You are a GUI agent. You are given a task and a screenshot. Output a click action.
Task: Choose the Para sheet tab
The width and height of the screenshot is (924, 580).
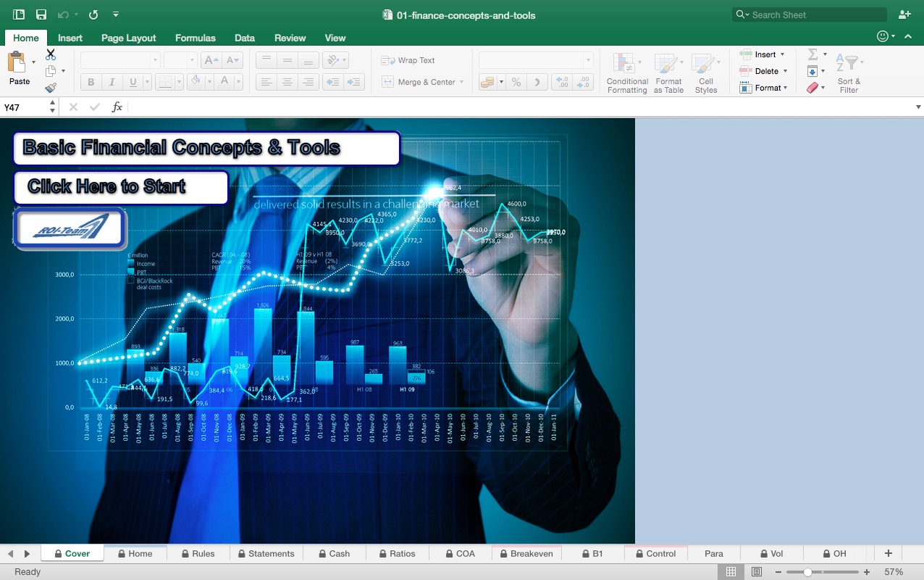714,553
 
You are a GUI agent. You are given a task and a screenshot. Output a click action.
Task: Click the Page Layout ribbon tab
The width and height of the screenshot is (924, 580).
128,38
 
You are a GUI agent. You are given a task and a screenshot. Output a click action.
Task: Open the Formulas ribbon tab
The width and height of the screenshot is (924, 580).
196,38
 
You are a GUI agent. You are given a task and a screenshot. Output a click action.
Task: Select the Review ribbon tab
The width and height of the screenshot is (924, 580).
290,38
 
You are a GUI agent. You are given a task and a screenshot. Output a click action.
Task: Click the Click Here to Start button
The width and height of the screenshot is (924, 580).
121,187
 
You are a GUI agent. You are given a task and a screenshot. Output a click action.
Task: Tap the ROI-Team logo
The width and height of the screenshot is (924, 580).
70,228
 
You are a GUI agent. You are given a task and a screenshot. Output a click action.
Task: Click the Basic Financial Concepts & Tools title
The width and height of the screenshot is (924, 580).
206,148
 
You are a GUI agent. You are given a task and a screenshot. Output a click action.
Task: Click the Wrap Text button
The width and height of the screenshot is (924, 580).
409,60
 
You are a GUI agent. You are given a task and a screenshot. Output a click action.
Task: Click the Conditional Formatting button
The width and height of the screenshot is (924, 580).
627,73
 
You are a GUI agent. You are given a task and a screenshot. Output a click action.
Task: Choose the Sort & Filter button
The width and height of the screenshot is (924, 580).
848,73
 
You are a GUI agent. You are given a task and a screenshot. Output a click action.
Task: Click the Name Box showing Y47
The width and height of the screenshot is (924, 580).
25,107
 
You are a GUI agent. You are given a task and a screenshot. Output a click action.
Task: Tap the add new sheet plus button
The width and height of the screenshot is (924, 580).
889,553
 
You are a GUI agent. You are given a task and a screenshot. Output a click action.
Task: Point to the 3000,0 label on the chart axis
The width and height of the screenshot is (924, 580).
64,275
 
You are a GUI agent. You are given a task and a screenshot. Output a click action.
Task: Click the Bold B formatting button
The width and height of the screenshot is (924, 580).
91,82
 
